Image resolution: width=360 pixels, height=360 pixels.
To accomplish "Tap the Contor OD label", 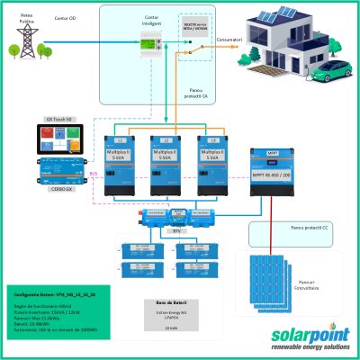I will pyautogui.click(x=64, y=16).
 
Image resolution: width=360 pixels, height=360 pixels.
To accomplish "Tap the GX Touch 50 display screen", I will pyautogui.click(x=68, y=139).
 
